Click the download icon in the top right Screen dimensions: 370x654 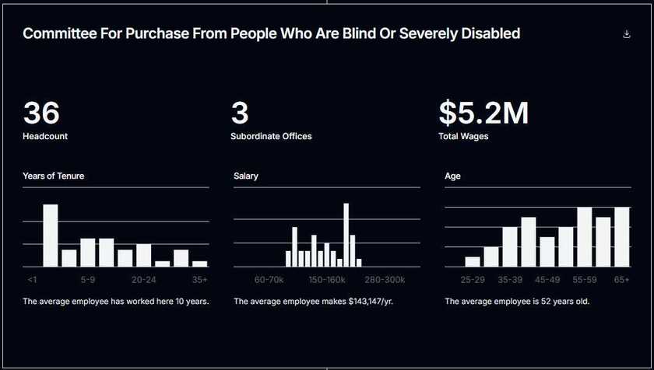tap(627, 34)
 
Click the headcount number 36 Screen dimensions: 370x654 tap(41, 113)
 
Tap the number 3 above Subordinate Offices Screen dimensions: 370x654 tap(240, 113)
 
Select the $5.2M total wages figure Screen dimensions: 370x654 tap(483, 113)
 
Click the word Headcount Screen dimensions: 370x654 tap(45, 136)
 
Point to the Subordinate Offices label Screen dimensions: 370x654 tap(271, 136)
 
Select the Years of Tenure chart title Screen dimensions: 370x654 tap(54, 176)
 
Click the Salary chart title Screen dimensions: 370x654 tap(246, 176)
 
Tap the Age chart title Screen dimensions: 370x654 tap(452, 176)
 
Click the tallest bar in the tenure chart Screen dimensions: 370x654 tap(51, 235)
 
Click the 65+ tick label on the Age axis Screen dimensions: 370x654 tap(621, 279)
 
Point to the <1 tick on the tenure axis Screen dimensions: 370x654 tap(32, 279)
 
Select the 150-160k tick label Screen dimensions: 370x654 tap(326, 279)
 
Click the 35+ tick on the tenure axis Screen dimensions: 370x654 tap(200, 279)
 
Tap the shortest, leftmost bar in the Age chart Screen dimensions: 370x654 tap(473, 261)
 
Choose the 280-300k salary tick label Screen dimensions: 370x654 tap(385, 279)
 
